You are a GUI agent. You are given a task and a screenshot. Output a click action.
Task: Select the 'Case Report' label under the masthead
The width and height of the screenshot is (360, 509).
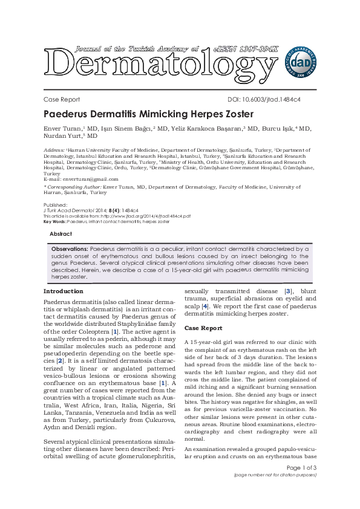point(62,99)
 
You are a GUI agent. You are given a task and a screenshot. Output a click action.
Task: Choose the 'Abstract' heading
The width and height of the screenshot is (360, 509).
point(61,233)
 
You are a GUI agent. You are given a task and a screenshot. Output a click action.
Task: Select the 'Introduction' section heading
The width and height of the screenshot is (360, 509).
point(64,291)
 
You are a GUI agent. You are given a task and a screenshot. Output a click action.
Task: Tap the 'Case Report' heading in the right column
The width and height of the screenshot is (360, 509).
point(203,328)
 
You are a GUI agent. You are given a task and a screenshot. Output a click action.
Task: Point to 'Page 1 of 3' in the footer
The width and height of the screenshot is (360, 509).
point(301,468)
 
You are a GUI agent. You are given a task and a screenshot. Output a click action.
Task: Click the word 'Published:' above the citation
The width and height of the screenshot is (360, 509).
point(55,205)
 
